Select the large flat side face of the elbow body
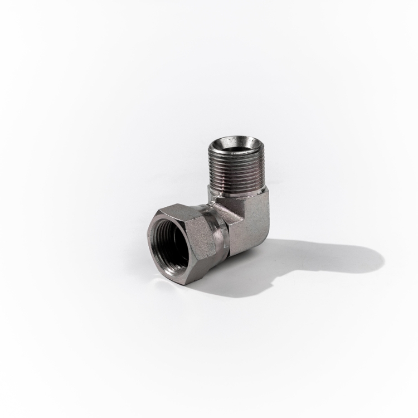[x=251, y=223]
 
